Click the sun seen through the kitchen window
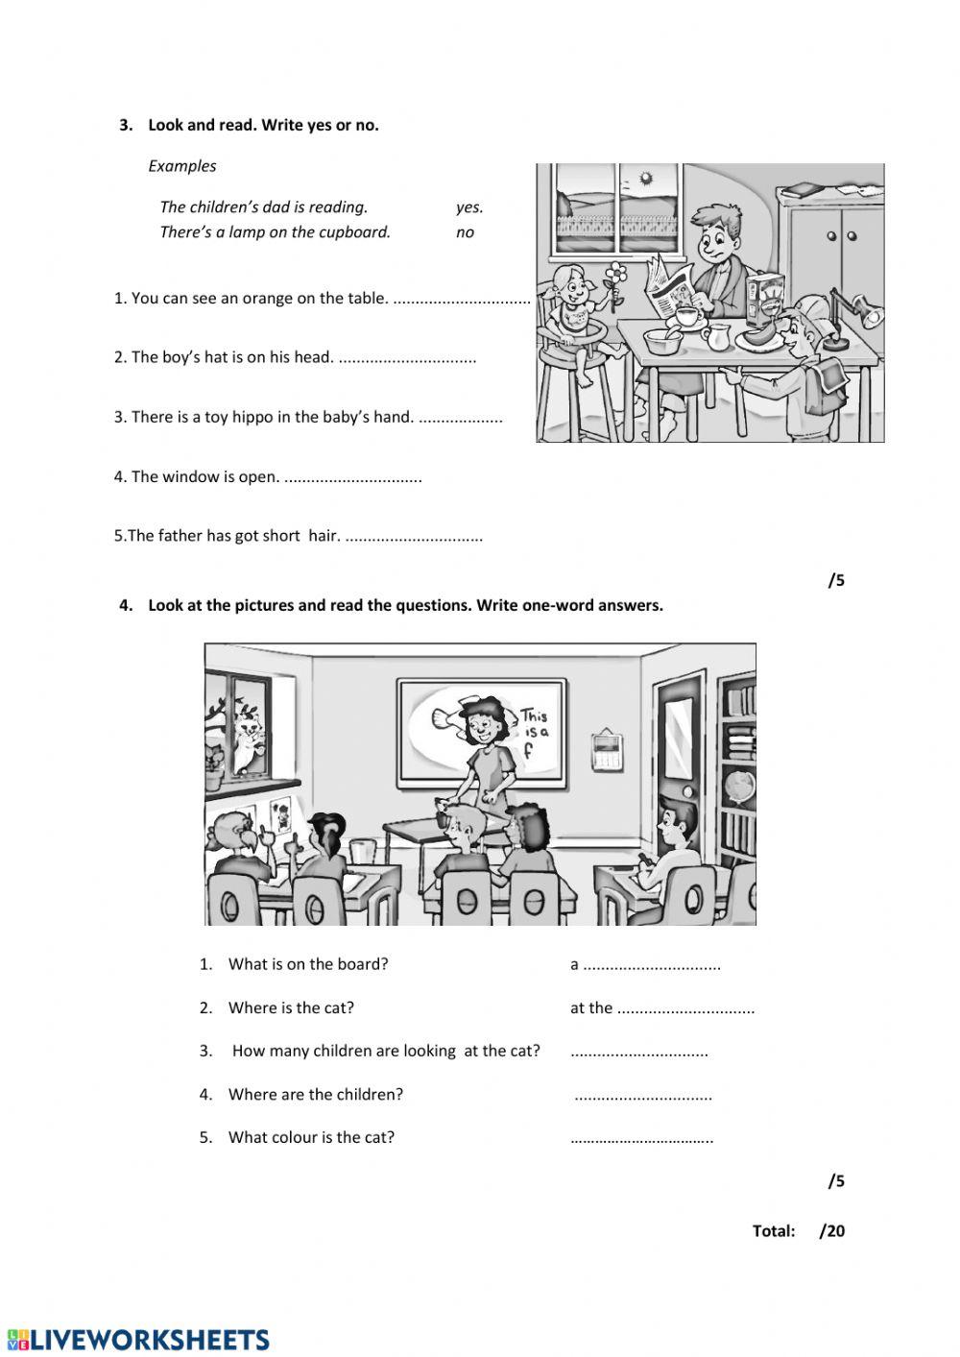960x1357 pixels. [645, 179]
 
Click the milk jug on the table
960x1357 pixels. [717, 336]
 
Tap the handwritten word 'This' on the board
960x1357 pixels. [533, 716]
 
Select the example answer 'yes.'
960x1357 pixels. [469, 206]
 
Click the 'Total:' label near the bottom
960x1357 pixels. [774, 1231]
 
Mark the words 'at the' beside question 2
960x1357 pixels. [590, 1007]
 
